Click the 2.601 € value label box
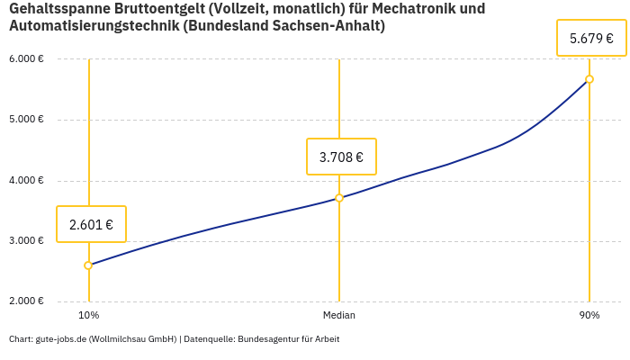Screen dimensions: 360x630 (x=91, y=224)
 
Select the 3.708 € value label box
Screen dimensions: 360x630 (x=341, y=157)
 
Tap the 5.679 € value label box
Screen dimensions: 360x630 (x=591, y=39)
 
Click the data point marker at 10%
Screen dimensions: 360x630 (x=88, y=265)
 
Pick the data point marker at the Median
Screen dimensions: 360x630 (x=339, y=198)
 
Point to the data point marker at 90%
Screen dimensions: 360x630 (x=589, y=79)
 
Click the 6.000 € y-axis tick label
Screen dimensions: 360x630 (x=27, y=59)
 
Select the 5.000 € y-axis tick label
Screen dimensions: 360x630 (x=27, y=120)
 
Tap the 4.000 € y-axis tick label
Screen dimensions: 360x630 (x=27, y=180)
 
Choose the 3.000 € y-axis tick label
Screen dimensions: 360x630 (x=27, y=241)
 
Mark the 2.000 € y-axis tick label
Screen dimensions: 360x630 (x=27, y=301)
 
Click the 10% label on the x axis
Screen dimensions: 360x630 (x=88, y=316)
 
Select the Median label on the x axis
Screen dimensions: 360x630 (x=339, y=316)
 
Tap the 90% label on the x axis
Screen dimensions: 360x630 (x=589, y=316)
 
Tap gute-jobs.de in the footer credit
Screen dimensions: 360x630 (x=59, y=339)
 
